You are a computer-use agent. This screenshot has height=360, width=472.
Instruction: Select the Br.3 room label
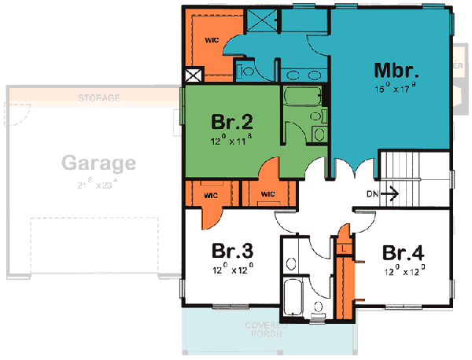(232, 252)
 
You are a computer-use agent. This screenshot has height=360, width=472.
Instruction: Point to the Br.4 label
(404, 253)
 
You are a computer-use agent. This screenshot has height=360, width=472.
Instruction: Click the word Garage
(98, 164)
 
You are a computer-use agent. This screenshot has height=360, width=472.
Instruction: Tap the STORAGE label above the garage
(98, 98)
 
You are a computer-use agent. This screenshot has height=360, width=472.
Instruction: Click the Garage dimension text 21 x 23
(98, 184)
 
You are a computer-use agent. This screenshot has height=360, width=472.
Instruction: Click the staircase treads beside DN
(414, 173)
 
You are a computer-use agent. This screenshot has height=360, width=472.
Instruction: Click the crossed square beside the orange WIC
(193, 76)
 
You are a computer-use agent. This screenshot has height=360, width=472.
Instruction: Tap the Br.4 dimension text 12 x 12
(404, 271)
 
